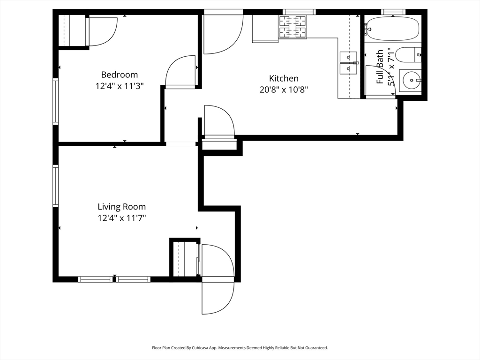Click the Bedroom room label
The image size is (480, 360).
pos(120,75)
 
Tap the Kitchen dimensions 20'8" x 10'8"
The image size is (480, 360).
pos(284,90)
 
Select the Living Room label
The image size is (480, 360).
pos(121,207)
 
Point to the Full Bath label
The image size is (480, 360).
pos(380,67)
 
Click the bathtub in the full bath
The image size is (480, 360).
pos(393,29)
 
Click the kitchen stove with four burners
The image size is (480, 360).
pos(292,27)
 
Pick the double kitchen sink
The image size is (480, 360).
pos(348,63)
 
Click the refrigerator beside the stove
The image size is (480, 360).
pos(265,29)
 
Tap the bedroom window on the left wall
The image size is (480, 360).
pos(55,101)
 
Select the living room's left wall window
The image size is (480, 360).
pos(55,186)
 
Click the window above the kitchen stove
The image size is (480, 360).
pos(299,12)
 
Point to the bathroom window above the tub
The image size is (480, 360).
pos(393,12)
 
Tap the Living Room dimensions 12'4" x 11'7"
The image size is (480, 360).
pos(121,218)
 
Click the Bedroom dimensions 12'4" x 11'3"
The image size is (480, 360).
pos(120,86)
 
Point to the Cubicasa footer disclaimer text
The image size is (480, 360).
pos(240,348)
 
